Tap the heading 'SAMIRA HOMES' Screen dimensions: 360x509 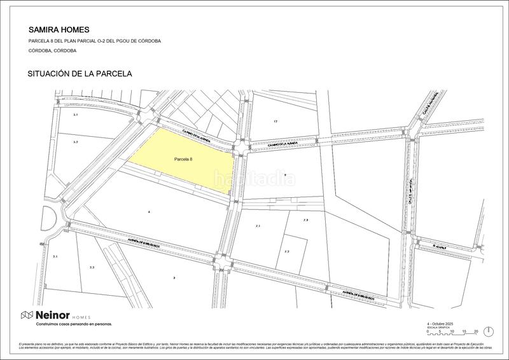(59, 29)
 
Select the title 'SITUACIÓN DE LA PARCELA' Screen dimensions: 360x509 (80, 74)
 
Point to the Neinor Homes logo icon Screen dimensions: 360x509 (27, 315)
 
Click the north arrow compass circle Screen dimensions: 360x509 (488, 331)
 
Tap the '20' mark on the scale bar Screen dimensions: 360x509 (475, 331)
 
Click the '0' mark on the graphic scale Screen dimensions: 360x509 (428, 331)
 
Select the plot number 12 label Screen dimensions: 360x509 (275, 121)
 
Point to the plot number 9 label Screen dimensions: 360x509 (286, 174)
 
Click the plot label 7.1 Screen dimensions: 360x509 (258, 226)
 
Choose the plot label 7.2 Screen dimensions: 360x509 (287, 252)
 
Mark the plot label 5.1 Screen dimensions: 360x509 (75, 114)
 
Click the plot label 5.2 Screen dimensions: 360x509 (75, 142)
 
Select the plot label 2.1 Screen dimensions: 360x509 (55, 256)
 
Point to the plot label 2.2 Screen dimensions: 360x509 (92, 268)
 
